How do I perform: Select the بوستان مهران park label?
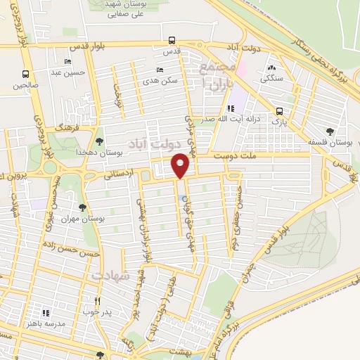(x=102, y=219)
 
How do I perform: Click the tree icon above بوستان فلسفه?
(x=330, y=131)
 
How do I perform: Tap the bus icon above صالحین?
(x=26, y=75)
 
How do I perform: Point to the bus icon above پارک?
(x=280, y=111)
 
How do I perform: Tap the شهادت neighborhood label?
(x=111, y=275)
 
